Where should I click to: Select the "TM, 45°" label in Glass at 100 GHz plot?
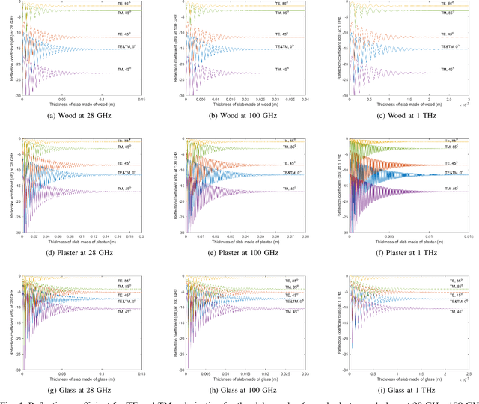tap(288, 311)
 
